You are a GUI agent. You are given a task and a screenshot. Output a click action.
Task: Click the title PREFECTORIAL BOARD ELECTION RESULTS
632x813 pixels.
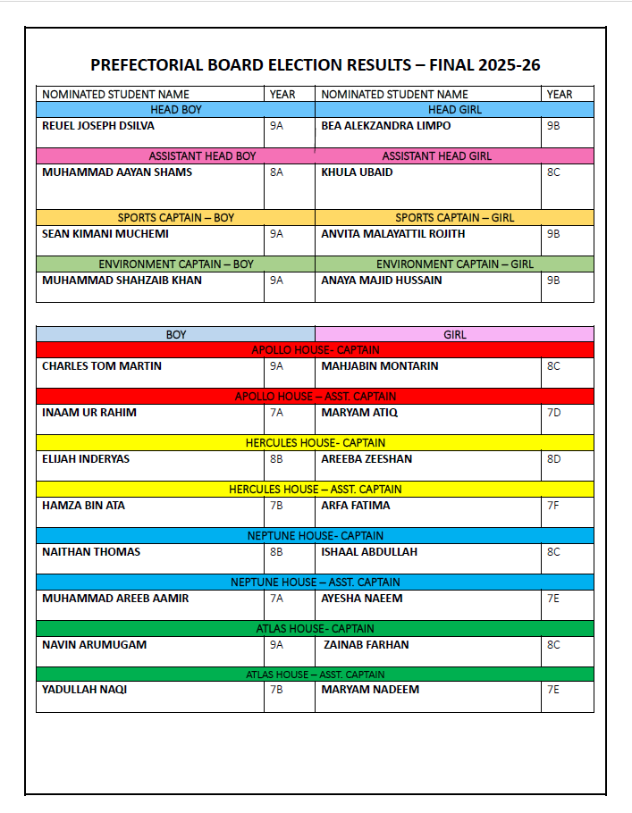pyautogui.click(x=315, y=65)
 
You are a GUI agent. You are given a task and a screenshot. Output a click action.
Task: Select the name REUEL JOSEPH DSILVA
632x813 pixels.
pyautogui.click(x=98, y=126)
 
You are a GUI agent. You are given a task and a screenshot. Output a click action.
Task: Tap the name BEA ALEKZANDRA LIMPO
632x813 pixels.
pyautogui.click(x=385, y=126)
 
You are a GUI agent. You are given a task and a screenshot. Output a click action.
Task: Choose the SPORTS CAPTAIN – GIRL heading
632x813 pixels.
pyautogui.click(x=455, y=218)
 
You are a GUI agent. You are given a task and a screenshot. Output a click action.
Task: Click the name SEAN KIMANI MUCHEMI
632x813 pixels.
pyautogui.click(x=105, y=234)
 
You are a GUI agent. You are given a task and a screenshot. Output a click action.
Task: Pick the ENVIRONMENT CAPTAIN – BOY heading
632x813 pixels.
pyautogui.click(x=176, y=264)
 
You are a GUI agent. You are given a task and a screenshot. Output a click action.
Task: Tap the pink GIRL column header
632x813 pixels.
pyautogui.click(x=455, y=334)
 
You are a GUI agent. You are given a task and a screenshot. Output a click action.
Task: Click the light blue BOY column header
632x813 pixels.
pyautogui.click(x=176, y=334)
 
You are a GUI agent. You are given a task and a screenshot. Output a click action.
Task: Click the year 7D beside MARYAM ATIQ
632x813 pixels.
pyautogui.click(x=553, y=413)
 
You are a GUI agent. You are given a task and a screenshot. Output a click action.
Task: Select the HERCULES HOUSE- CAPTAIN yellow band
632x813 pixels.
pyautogui.click(x=315, y=443)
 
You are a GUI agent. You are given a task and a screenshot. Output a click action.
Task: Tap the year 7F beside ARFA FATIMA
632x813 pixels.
pyautogui.click(x=553, y=506)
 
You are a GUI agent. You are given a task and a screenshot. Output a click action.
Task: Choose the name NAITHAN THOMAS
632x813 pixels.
pyautogui.click(x=91, y=552)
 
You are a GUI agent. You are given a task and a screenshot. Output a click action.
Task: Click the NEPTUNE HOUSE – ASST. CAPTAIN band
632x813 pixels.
pyautogui.click(x=315, y=583)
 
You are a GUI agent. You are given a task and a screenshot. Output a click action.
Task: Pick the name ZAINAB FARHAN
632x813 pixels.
pyautogui.click(x=367, y=645)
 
